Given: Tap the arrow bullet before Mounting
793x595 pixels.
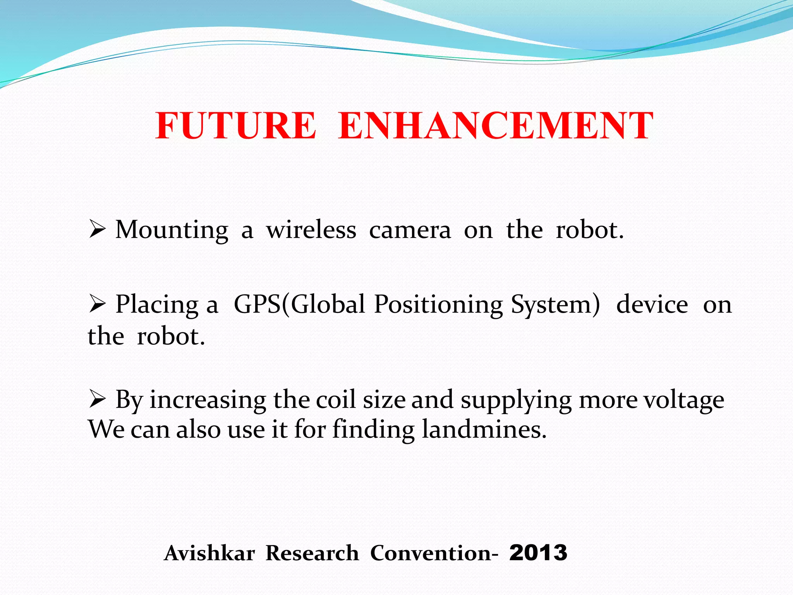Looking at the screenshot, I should [x=97, y=229].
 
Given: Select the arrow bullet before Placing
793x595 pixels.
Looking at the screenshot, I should [x=97, y=304].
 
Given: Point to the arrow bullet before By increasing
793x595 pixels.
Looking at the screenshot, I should [x=97, y=399].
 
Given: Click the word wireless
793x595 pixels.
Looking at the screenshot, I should [x=311, y=230].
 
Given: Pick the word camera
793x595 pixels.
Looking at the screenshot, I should [x=410, y=230].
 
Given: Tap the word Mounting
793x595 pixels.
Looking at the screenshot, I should [x=172, y=230].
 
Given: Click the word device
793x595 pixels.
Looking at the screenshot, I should [x=652, y=304].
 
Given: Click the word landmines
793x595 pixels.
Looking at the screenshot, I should [x=484, y=430].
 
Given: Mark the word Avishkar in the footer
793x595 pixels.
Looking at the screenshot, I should [x=209, y=553].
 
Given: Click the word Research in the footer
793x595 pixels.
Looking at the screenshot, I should [x=312, y=553].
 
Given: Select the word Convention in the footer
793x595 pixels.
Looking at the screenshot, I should [x=431, y=553].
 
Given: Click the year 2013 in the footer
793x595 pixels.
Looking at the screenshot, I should [x=538, y=553].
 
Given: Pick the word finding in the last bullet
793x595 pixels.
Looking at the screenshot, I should [x=373, y=430].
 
